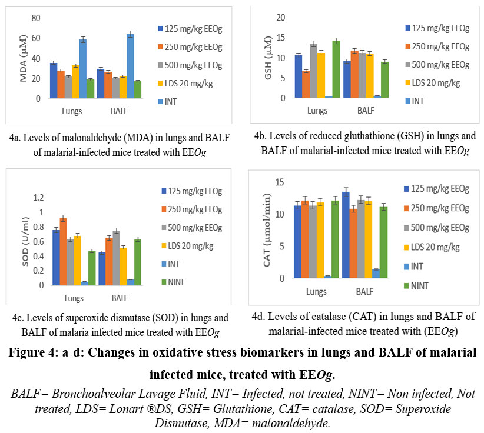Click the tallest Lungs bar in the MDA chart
tap(83, 69)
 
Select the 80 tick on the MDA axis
tap(36, 18)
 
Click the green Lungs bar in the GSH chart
tap(336, 69)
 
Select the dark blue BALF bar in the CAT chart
tap(346, 235)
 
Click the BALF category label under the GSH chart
tap(365, 110)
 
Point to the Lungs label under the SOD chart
tap(75, 298)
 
